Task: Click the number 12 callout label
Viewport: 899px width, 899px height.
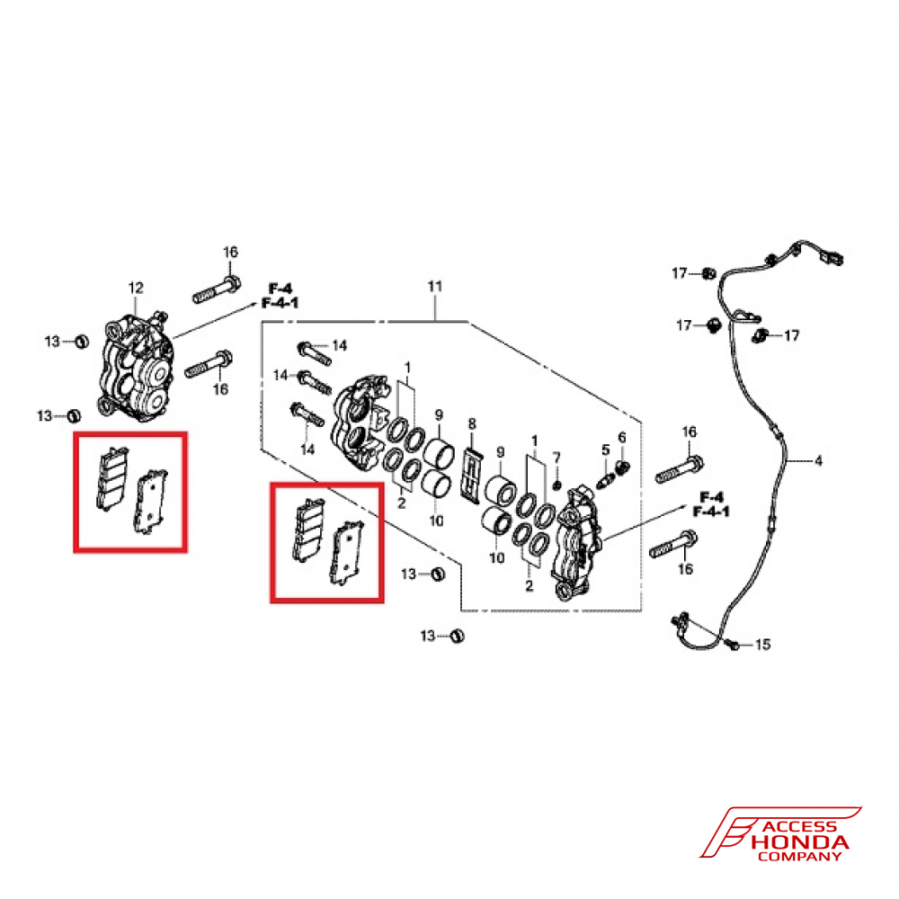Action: pos(136,288)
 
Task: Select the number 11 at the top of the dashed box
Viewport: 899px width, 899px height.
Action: pos(435,287)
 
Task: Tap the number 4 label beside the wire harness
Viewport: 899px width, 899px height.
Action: pos(818,462)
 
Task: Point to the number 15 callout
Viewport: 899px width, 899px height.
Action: pos(762,645)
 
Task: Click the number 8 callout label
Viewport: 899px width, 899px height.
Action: pos(470,423)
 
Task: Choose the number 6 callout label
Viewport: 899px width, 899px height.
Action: pos(556,457)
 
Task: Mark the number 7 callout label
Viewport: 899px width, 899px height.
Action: pos(556,457)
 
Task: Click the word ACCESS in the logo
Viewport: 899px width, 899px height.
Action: pos(798,827)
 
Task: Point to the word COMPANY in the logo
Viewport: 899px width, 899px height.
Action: pos(798,857)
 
